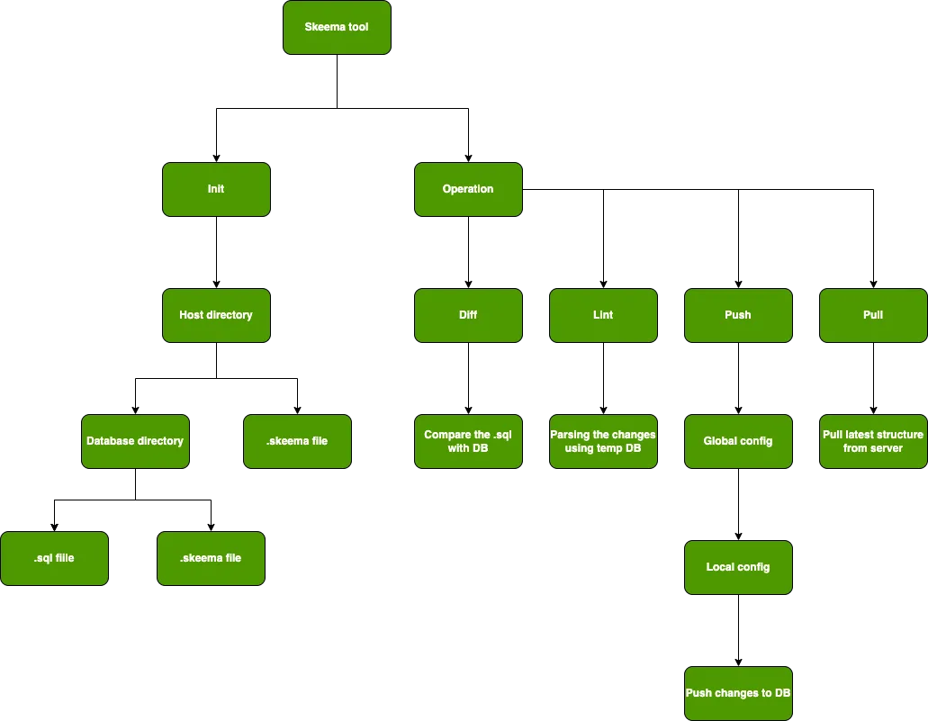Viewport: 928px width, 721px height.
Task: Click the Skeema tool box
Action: click(x=337, y=27)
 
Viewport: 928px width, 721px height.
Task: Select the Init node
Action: click(x=216, y=189)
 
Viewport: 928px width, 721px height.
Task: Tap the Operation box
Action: click(x=468, y=189)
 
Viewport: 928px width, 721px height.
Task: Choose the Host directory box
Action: click(x=216, y=315)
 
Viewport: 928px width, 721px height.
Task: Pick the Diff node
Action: click(x=468, y=315)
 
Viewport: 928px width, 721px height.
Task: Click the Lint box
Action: click(x=603, y=315)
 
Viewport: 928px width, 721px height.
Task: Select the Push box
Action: click(x=738, y=315)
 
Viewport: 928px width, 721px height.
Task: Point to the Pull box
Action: click(x=873, y=315)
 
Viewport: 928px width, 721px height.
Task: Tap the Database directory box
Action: click(x=135, y=441)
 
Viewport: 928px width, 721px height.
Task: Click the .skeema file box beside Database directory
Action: click(x=297, y=441)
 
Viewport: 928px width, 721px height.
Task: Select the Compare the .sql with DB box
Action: click(x=468, y=441)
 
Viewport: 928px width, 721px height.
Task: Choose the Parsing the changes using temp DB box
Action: click(x=603, y=441)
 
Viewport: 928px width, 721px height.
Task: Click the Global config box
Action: click(x=738, y=441)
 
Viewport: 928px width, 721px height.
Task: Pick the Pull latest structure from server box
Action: click(x=873, y=441)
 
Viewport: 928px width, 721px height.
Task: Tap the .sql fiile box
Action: click(x=54, y=558)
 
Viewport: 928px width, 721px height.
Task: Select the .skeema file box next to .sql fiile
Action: click(x=211, y=558)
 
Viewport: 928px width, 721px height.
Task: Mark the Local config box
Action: click(x=738, y=567)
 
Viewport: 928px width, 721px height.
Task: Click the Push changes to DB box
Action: click(x=738, y=693)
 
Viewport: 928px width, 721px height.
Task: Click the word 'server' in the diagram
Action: click(x=887, y=448)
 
